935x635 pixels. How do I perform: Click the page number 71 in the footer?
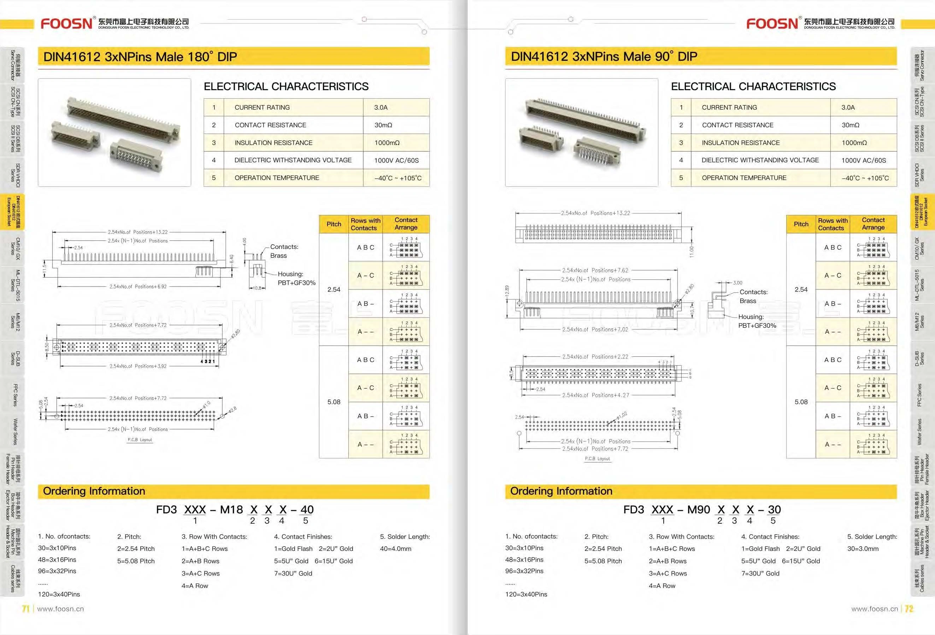[x=26, y=609]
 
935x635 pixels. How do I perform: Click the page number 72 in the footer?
[x=909, y=609]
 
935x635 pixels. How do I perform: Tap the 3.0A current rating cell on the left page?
[x=381, y=107]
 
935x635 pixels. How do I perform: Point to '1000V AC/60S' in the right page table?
[x=863, y=160]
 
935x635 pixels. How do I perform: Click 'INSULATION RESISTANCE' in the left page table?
[x=273, y=142]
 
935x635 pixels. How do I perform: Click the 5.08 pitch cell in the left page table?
[x=334, y=402]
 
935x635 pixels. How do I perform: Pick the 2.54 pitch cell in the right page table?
[x=801, y=290]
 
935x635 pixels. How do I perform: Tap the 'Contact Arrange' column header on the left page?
[x=406, y=224]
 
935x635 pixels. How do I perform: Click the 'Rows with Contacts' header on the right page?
[x=833, y=224]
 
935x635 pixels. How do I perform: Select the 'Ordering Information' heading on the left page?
[x=94, y=491]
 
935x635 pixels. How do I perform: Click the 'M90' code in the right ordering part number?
[x=699, y=510]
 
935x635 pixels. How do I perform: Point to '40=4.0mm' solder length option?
[x=395, y=549]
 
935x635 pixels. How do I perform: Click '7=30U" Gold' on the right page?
[x=760, y=573]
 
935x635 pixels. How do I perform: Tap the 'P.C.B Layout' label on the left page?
[x=140, y=440]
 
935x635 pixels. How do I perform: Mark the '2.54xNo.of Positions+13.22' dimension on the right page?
[x=595, y=213]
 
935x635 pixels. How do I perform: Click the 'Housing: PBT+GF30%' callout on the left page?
[x=296, y=278]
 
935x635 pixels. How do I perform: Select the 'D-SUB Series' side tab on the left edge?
[x=15, y=359]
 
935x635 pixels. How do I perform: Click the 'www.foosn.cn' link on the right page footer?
[x=874, y=609]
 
